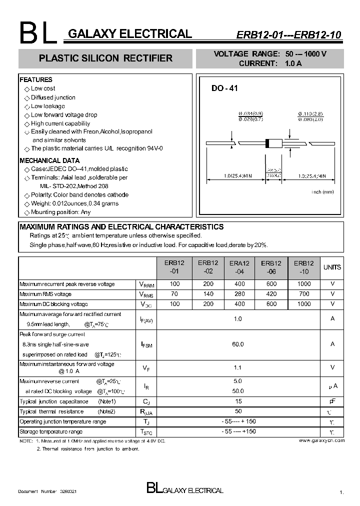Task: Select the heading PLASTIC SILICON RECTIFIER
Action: coord(105,58)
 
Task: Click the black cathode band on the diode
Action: coord(267,143)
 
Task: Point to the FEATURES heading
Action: coord(35,79)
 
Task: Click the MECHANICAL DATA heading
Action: coord(49,160)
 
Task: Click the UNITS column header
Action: coord(332,267)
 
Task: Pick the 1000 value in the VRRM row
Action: coord(303,284)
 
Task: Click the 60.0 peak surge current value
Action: coord(238,344)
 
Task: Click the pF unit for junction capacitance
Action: coord(332,401)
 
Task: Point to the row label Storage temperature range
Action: coord(51,431)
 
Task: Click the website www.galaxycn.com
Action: coord(321,440)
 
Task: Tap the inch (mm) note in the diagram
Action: coord(322,192)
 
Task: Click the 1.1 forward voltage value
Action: coord(238,367)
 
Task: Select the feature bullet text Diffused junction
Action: coord(53,97)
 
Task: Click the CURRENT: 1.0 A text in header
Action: coord(270,63)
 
